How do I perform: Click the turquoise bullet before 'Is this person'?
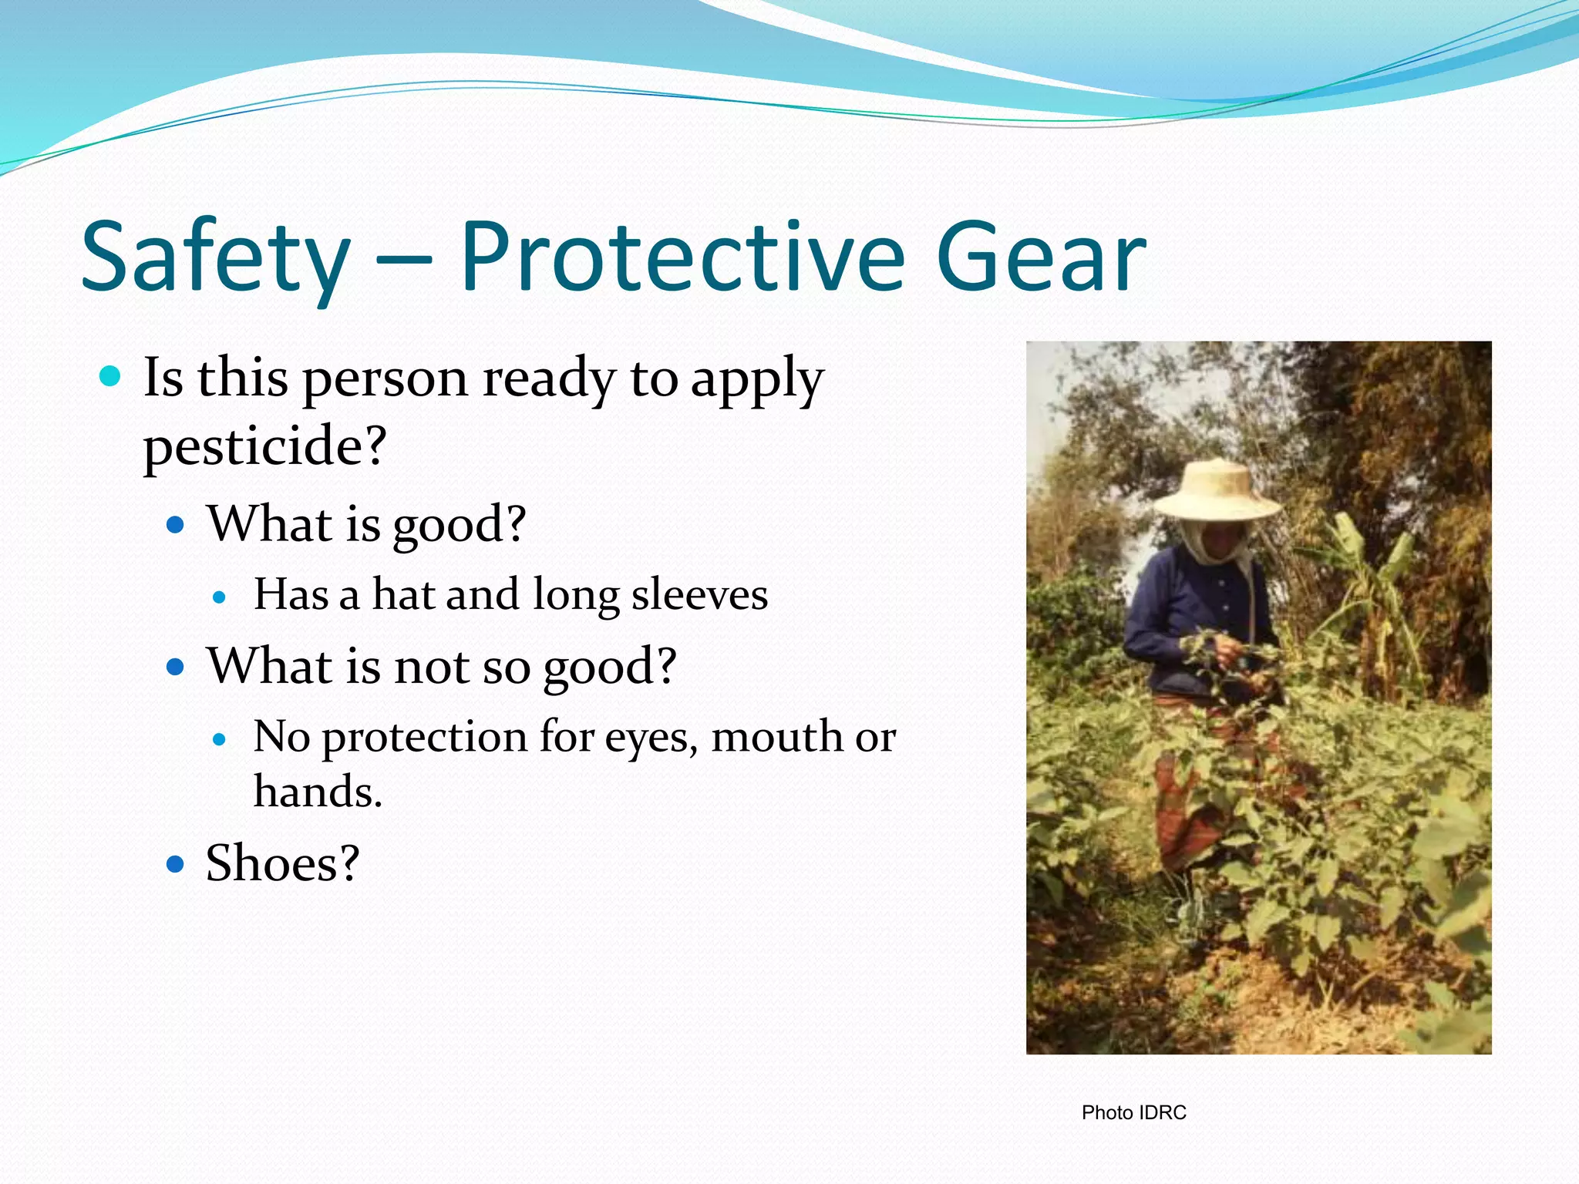tap(111, 377)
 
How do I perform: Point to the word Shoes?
tap(282, 863)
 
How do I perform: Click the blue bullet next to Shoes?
tap(176, 863)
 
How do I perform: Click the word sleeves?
tap(699, 595)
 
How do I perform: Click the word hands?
tap(317, 792)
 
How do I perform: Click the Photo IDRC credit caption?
tap(1133, 1112)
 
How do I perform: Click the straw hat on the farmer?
tap(1218, 493)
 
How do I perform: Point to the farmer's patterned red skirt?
tap(1180, 809)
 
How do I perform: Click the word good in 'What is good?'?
tap(458, 526)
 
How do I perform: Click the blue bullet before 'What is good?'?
tap(176, 526)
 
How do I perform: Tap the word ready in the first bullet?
tap(548, 379)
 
